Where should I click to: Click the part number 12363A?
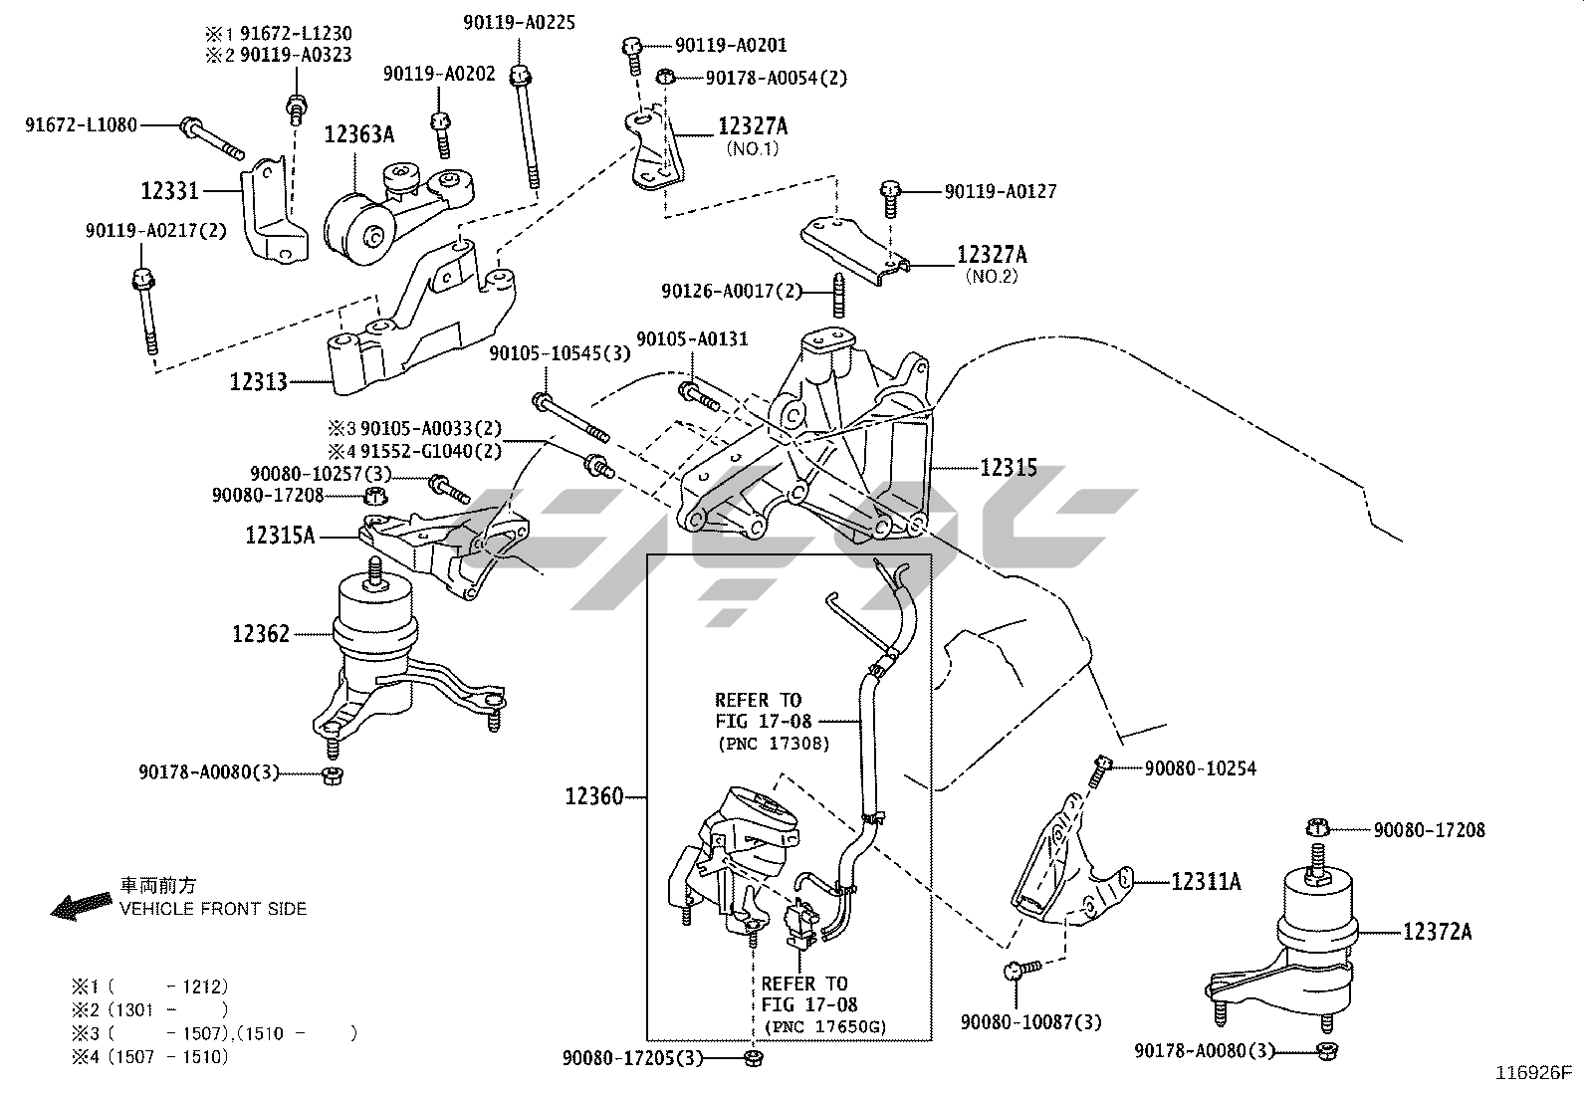(359, 134)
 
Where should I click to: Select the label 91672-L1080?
(82, 125)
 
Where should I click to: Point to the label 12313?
(259, 381)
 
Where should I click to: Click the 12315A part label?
(280, 536)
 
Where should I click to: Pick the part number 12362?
(261, 634)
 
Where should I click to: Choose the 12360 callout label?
(594, 796)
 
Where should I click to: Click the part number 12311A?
(1206, 881)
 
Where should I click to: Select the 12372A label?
(1438, 932)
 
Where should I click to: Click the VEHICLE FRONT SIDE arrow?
(80, 905)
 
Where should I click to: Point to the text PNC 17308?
(773, 744)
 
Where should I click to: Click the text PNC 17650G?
(823, 1026)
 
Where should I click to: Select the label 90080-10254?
(1200, 768)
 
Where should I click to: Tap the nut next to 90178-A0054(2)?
(667, 78)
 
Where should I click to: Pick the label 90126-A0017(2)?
(731, 292)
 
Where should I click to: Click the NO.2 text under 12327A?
(992, 276)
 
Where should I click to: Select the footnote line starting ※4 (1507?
(149, 1057)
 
